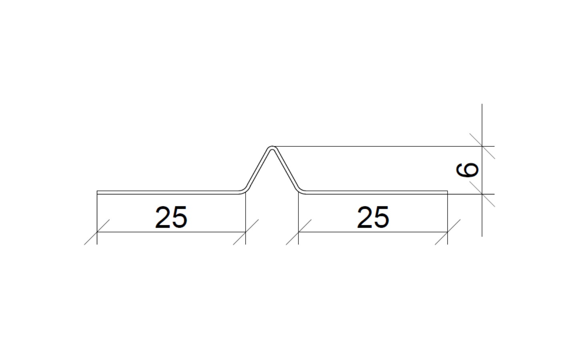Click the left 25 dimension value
(171, 217)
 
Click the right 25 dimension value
(373, 217)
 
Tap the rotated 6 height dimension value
(467, 170)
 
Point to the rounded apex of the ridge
(272, 147)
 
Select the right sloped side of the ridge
(286, 168)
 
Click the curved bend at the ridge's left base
(244, 190)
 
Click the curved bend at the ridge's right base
(301, 190)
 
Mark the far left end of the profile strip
(97, 192)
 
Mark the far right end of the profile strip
(448, 192)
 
